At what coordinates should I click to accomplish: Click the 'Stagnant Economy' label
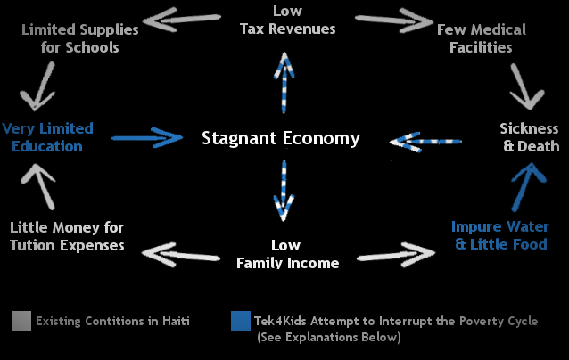(x=281, y=138)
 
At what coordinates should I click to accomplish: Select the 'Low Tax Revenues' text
(x=287, y=20)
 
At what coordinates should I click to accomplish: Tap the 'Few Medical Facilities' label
(x=481, y=38)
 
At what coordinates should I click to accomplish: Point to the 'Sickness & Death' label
(x=529, y=137)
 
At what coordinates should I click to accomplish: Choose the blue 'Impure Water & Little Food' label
(x=499, y=235)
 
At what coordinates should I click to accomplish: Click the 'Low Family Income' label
(x=287, y=253)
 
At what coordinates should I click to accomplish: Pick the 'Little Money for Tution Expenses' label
(x=67, y=235)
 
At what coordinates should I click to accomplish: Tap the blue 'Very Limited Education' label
(x=47, y=137)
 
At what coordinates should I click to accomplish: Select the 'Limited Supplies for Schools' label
(x=79, y=38)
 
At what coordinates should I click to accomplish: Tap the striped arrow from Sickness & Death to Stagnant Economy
(x=427, y=140)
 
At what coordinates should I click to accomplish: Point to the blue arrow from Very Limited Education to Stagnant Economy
(x=146, y=137)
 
